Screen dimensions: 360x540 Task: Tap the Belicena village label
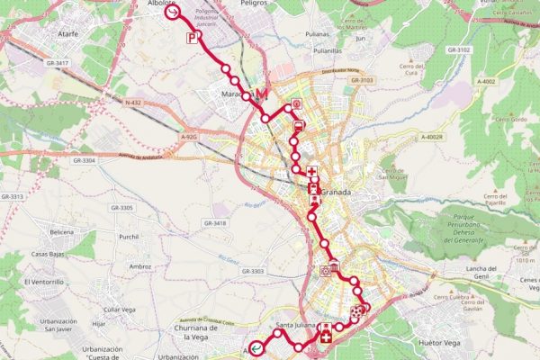click(x=62, y=232)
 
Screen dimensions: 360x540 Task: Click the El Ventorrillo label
click(x=44, y=282)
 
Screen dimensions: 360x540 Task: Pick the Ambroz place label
click(x=140, y=266)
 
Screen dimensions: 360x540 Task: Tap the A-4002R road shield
click(x=433, y=137)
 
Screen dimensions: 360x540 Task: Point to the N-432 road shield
click(x=133, y=103)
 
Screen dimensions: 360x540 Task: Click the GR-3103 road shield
click(x=362, y=80)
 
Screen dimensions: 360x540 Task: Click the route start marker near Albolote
click(x=172, y=13)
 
